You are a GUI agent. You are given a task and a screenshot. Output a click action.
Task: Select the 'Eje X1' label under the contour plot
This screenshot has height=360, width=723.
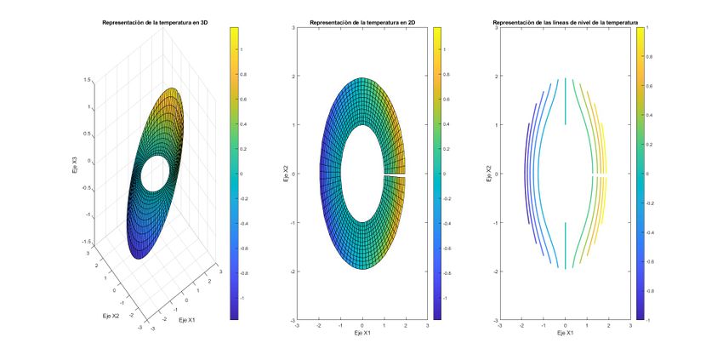[x=565, y=333]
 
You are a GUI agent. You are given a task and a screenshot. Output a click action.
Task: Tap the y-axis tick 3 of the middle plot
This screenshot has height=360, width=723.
[x=293, y=28]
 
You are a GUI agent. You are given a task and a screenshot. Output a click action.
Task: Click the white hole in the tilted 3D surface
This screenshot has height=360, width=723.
[x=155, y=174]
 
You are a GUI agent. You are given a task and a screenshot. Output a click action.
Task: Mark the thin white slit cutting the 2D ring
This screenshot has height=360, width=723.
[x=393, y=174]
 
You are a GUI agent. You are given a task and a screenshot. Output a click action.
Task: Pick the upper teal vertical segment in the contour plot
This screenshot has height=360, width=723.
[x=565, y=102]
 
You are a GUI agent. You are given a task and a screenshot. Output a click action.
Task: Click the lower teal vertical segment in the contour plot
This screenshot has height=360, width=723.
[x=565, y=244]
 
